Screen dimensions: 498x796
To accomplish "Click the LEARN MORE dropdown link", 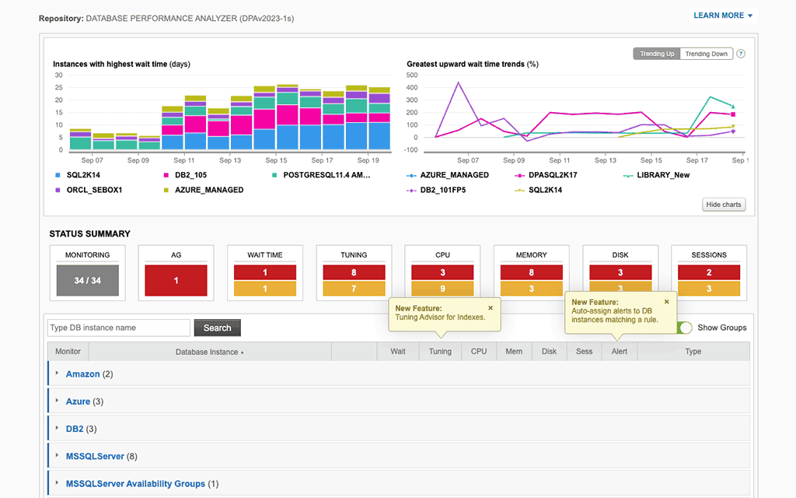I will (x=722, y=16).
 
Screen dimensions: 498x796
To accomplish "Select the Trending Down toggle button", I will (x=706, y=54).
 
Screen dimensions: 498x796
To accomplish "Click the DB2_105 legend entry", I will (x=191, y=175).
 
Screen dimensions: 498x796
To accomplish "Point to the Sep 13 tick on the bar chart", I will (x=230, y=160).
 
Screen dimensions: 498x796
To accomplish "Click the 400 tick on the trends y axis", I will (x=417, y=88).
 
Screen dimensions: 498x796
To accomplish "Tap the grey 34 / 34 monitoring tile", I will (x=87, y=280).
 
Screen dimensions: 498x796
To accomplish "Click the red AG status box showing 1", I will (x=176, y=280).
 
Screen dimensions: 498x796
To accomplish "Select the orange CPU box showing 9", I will (x=442, y=289).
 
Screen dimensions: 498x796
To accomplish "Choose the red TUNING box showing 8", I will (x=354, y=272).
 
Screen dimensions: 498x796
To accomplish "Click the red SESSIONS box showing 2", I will (x=708, y=272).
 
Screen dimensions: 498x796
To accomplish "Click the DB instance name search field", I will (x=119, y=328).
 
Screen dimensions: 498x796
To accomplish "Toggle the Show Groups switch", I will (x=684, y=328).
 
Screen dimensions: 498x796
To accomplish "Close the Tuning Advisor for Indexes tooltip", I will (x=491, y=308).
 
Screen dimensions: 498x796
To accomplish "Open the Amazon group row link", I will (x=82, y=374).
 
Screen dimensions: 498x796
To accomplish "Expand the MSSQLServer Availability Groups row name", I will (x=135, y=483).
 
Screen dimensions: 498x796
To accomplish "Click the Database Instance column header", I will (x=207, y=352).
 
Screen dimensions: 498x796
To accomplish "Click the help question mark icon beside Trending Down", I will (x=741, y=54).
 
